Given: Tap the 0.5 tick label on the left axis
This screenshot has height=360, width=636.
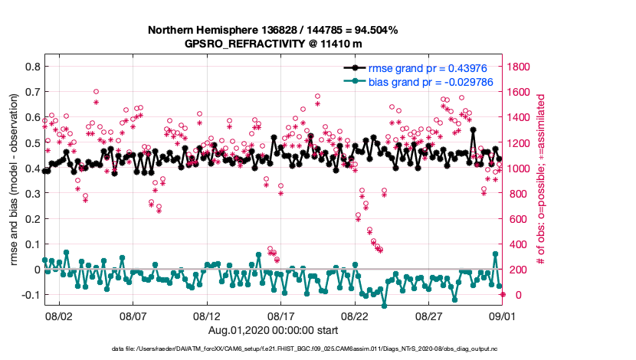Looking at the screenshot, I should click(32, 142).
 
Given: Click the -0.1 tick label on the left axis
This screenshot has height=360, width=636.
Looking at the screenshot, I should click(30, 295).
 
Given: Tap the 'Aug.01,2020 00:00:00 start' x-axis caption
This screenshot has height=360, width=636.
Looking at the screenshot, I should click(273, 329).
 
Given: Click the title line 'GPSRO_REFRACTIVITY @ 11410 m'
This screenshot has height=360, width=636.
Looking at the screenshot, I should click(273, 44).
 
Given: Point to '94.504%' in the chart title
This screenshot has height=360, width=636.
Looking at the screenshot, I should click(374, 30).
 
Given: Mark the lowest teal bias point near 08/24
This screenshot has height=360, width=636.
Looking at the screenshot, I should click(384, 306).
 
